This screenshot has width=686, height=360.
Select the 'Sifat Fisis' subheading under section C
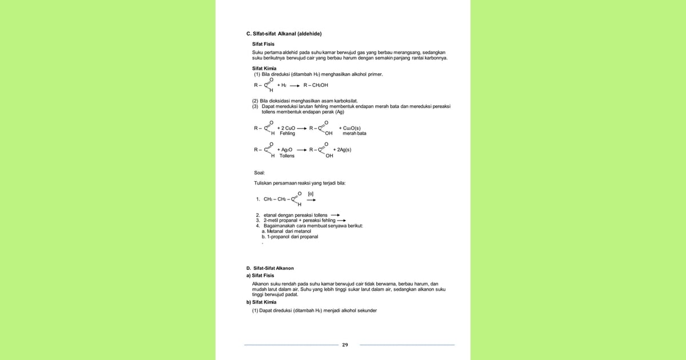264,43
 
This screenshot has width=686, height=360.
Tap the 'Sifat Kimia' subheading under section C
264,68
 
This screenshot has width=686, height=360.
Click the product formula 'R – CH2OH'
316,85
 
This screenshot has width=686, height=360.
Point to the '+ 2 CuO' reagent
286,128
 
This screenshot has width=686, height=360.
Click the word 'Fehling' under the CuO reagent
288,134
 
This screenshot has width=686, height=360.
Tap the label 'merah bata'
354,134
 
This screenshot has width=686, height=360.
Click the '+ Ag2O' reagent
285,150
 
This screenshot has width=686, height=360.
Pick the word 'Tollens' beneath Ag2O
287,156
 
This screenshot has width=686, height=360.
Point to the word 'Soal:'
260,172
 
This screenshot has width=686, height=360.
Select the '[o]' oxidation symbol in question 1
310,194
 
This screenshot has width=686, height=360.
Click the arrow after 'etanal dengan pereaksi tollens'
335,215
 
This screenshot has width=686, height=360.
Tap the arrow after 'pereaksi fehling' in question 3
342,221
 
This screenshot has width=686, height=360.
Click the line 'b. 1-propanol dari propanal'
289,237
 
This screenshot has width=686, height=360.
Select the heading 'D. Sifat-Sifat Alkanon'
270,268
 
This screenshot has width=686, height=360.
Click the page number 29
345,345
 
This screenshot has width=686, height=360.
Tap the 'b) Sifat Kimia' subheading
261,302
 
